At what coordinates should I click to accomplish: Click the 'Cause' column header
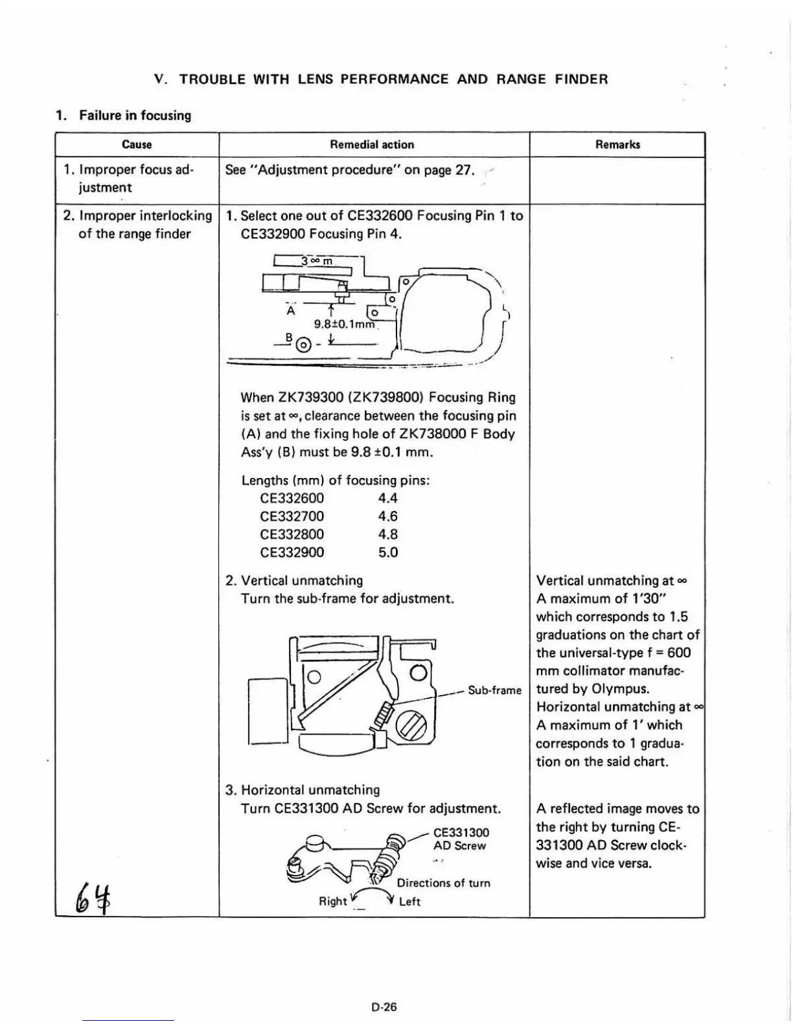coord(137,144)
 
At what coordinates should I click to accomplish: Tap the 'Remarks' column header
coord(617,144)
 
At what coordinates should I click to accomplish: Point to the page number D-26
coord(384,1007)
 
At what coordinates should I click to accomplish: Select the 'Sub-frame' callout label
coord(494,690)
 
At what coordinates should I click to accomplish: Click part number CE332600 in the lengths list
coord(292,498)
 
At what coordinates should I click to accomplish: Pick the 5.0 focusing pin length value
coord(387,553)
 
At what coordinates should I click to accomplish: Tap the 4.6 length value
coord(387,516)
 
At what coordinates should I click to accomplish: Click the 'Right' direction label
coord(332,901)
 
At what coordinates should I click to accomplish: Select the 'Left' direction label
coord(409,901)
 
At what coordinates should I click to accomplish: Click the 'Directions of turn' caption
coord(443,883)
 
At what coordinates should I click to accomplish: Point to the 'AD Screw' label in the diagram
coord(459,845)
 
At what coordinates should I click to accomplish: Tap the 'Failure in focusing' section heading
coord(135,115)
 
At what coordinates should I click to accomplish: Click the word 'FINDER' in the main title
coord(581,79)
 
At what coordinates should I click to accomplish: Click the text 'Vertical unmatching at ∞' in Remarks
coord(612,580)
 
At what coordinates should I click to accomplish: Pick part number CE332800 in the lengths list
coord(292,534)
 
